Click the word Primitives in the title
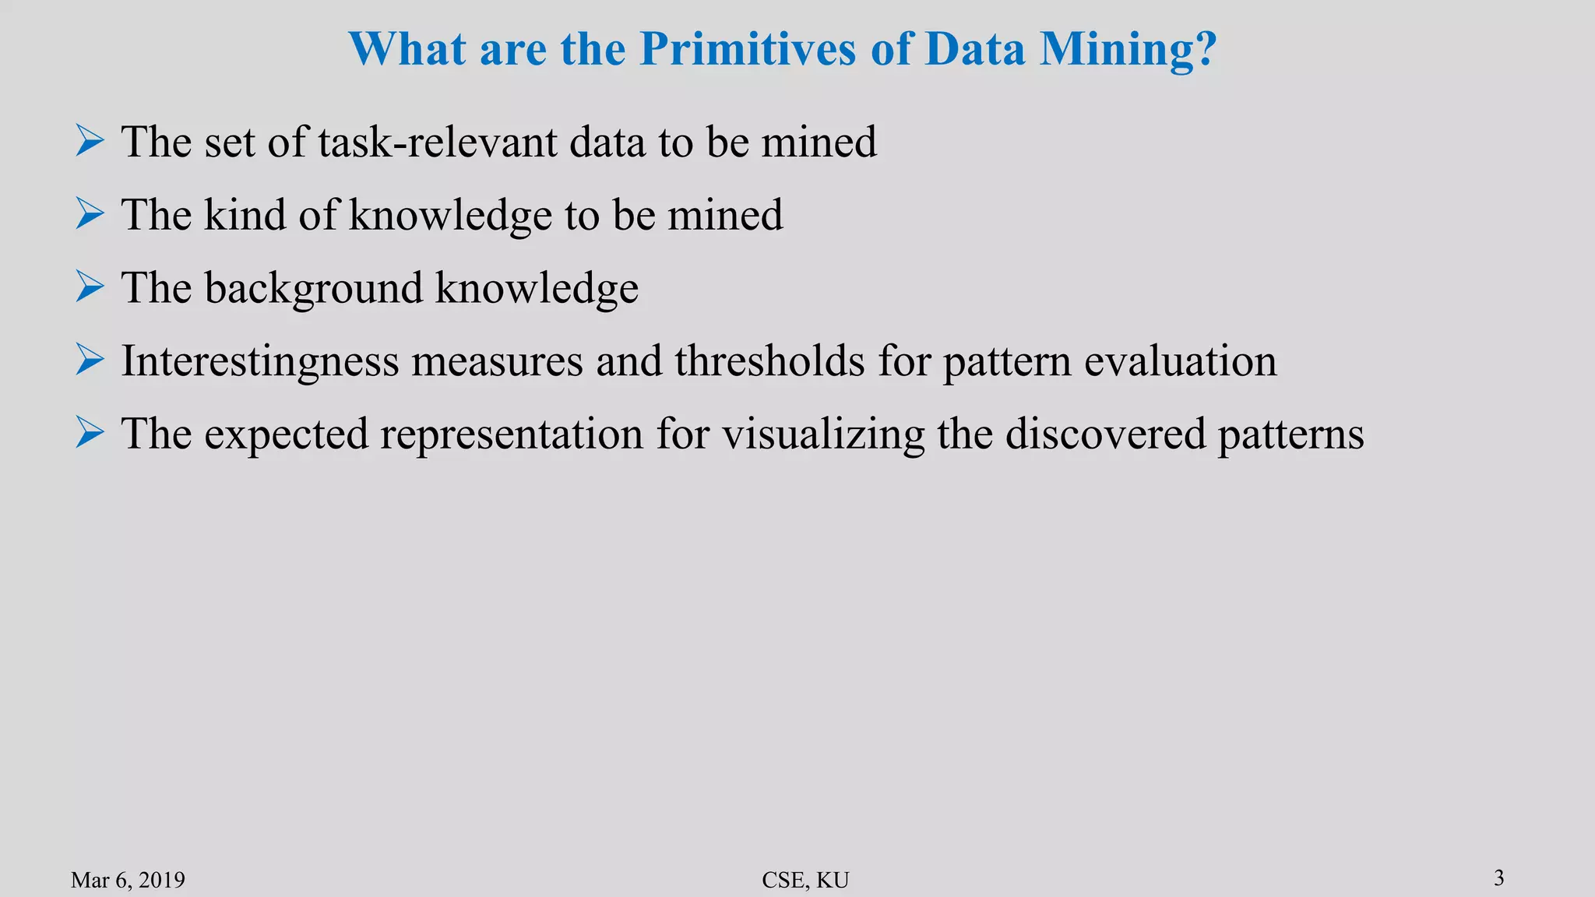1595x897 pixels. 748,49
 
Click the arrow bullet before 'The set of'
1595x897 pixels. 90,141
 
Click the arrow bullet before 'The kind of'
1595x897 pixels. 90,214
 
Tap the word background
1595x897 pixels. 313,289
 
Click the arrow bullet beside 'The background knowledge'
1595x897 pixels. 90,287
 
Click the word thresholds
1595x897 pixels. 769,361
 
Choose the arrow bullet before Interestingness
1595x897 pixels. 90,361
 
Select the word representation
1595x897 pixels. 512,434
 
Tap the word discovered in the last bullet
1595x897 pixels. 1105,434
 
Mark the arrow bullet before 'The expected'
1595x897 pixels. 90,433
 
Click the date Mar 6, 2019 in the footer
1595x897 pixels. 128,880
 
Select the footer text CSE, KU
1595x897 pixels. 805,880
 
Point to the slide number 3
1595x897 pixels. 1499,878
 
